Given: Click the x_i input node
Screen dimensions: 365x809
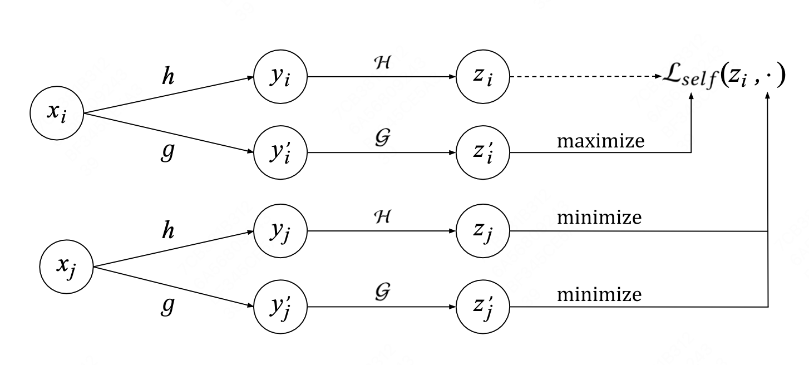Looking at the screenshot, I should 56,113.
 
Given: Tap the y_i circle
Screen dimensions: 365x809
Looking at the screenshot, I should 280,77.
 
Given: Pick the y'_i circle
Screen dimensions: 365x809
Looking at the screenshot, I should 280,152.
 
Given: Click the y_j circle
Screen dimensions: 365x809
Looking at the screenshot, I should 280,230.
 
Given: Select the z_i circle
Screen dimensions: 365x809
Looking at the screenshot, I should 482,77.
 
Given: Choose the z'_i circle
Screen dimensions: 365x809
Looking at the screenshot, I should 482,152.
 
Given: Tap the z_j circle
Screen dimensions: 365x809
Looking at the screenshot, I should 482,230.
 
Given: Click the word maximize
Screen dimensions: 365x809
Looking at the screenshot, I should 600,141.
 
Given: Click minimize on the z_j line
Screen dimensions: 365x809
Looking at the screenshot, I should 599,218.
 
